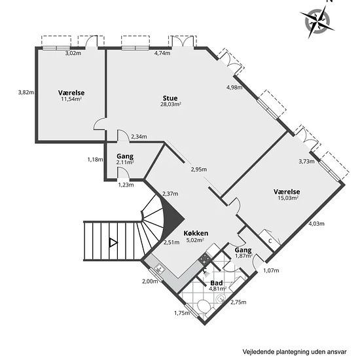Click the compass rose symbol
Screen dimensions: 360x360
coord(317,21)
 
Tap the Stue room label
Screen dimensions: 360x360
coord(170,98)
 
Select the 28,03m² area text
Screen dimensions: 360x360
coord(171,105)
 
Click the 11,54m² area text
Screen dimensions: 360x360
coord(71,99)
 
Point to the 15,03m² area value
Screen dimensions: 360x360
coord(288,198)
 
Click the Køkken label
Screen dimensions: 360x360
coord(196,233)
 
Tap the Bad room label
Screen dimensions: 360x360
coord(217,283)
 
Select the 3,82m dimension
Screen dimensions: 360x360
coord(26,92)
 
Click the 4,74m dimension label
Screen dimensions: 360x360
coord(162,53)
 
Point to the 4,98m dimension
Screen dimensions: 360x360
coord(234,88)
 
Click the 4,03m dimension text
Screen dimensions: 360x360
coord(316,224)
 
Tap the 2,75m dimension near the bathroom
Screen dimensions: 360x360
coord(238,302)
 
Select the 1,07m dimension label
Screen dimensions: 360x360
coord(271,270)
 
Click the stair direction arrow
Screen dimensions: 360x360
coord(113,243)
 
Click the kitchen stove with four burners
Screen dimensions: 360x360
coord(204,259)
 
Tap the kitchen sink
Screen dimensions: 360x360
coord(159,268)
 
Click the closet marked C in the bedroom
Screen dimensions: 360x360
coord(269,240)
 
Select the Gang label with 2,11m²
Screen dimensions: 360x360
coord(125,156)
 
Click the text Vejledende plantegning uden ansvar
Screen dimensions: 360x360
coord(295,351)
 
